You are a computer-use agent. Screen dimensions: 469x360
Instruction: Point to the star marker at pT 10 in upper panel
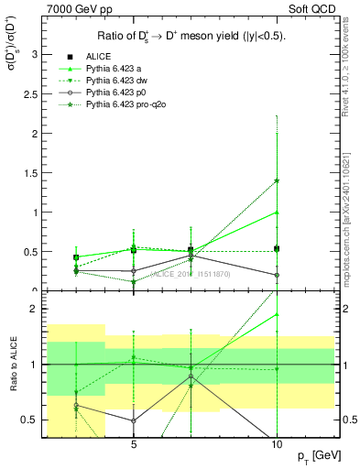click(277, 180)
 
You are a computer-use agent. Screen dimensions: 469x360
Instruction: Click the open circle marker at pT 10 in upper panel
click(277, 275)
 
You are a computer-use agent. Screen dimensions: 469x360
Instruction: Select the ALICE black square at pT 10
click(277, 248)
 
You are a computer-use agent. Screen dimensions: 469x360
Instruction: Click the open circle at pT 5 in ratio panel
click(134, 421)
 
